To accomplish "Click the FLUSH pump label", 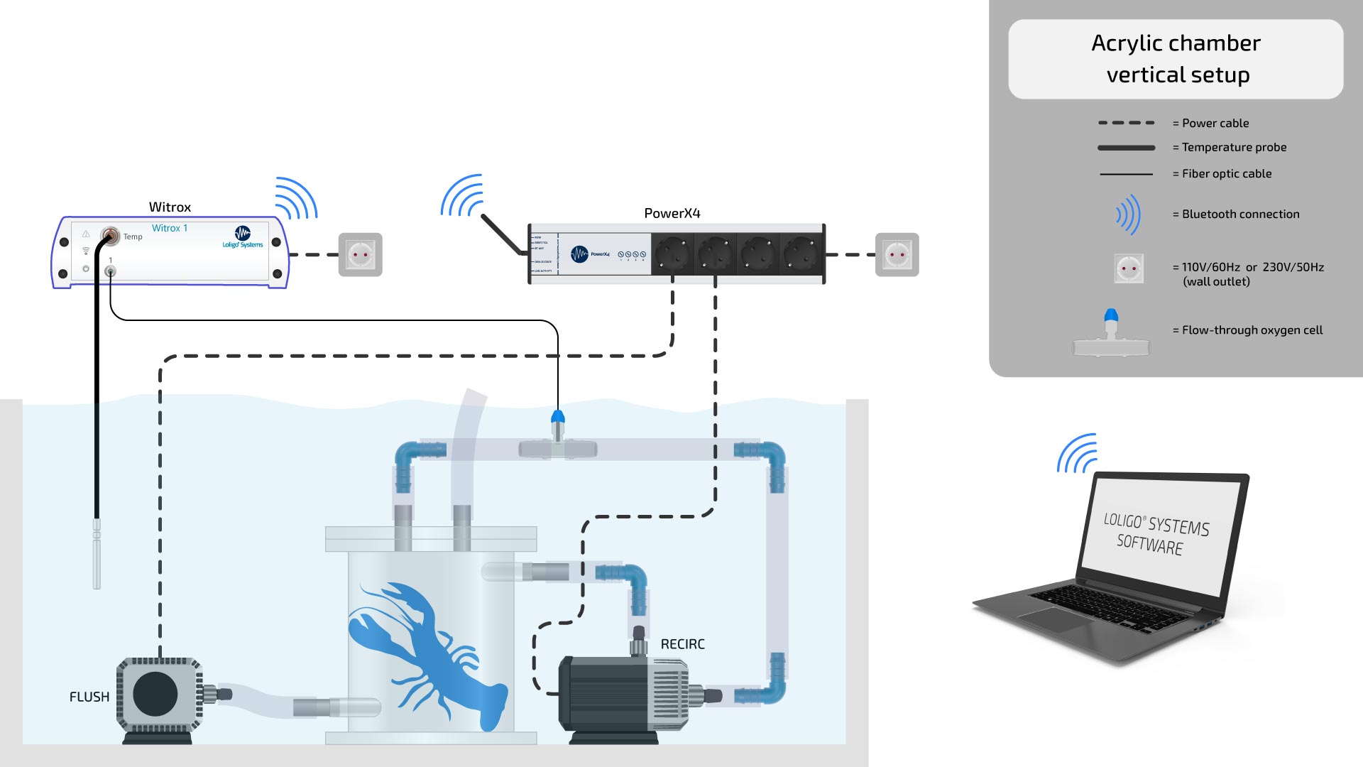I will tap(89, 697).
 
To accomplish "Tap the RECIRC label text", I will tap(682, 644).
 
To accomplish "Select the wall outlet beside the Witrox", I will tap(360, 254).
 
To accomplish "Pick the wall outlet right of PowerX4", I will tap(897, 254).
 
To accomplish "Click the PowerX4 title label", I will tap(672, 213).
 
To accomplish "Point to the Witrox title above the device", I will tap(170, 207).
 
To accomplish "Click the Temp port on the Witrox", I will tap(110, 235).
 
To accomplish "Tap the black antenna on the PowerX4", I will tap(503, 234).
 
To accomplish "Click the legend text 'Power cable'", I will tap(1215, 123).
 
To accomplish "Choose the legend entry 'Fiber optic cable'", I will tap(1226, 173).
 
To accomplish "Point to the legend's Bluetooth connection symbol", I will tap(1129, 214).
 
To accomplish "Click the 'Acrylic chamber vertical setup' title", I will tap(1176, 59).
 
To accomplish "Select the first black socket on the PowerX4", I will tap(672, 254).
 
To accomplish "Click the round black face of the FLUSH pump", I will tap(155, 694).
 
